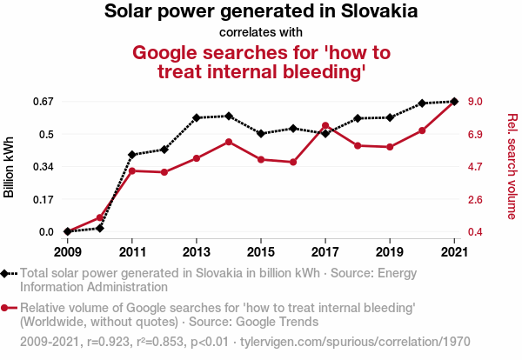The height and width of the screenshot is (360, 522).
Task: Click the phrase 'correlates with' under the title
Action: click(x=260, y=34)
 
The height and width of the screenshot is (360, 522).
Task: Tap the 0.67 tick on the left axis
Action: click(x=43, y=102)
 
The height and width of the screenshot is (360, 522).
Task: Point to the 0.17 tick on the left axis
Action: click(x=43, y=199)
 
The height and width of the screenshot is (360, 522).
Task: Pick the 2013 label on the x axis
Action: click(x=197, y=251)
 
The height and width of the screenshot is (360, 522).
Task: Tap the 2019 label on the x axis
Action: click(x=390, y=251)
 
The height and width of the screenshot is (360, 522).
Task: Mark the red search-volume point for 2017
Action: click(x=325, y=126)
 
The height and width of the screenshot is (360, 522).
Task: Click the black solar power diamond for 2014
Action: click(x=229, y=116)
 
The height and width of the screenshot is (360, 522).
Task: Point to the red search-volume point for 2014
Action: click(x=229, y=142)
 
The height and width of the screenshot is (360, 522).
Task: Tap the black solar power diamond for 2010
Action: click(x=100, y=228)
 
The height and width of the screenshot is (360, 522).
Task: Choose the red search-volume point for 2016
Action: click(x=293, y=163)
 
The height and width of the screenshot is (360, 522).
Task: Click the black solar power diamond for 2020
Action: click(x=422, y=103)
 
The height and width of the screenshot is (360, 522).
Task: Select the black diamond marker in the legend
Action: click(x=7, y=273)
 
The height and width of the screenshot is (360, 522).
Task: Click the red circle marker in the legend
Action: click(x=7, y=308)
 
